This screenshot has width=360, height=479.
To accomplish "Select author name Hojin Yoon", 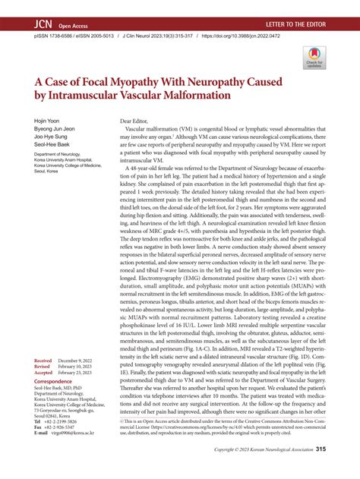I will [45, 121].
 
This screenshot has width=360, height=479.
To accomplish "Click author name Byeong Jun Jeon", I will [52, 129].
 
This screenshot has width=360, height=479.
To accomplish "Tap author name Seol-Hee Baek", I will [51, 146].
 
